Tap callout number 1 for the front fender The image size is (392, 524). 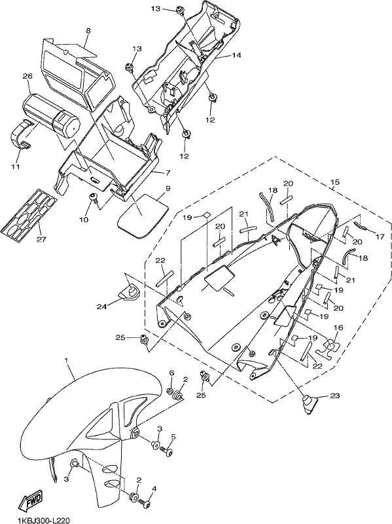[x=66, y=361]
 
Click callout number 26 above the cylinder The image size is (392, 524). [x=27, y=76]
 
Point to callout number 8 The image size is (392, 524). [x=88, y=31]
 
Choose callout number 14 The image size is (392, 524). [x=236, y=55]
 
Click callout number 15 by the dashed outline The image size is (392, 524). [x=335, y=182]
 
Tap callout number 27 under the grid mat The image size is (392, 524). [x=42, y=239]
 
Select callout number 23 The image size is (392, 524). [x=335, y=396]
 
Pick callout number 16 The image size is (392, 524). [x=338, y=327]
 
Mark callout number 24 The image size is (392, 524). [x=101, y=306]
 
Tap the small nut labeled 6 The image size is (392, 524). [x=169, y=391]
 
